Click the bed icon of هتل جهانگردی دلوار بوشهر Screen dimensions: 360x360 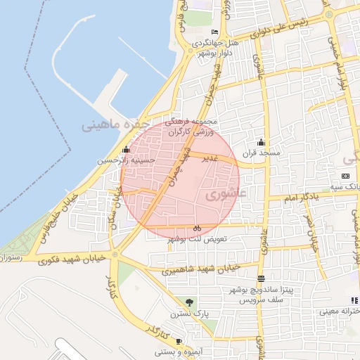click(214, 33)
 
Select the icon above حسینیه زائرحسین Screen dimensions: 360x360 click(126, 149)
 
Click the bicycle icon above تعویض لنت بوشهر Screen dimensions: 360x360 click(198, 228)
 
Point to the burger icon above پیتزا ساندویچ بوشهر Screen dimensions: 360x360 click(261, 278)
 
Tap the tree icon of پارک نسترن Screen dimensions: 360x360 click(188, 303)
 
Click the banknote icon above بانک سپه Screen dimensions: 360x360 click(345, 175)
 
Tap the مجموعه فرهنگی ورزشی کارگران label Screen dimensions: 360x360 click(194, 126)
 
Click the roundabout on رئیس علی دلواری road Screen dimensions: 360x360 click(329, 14)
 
